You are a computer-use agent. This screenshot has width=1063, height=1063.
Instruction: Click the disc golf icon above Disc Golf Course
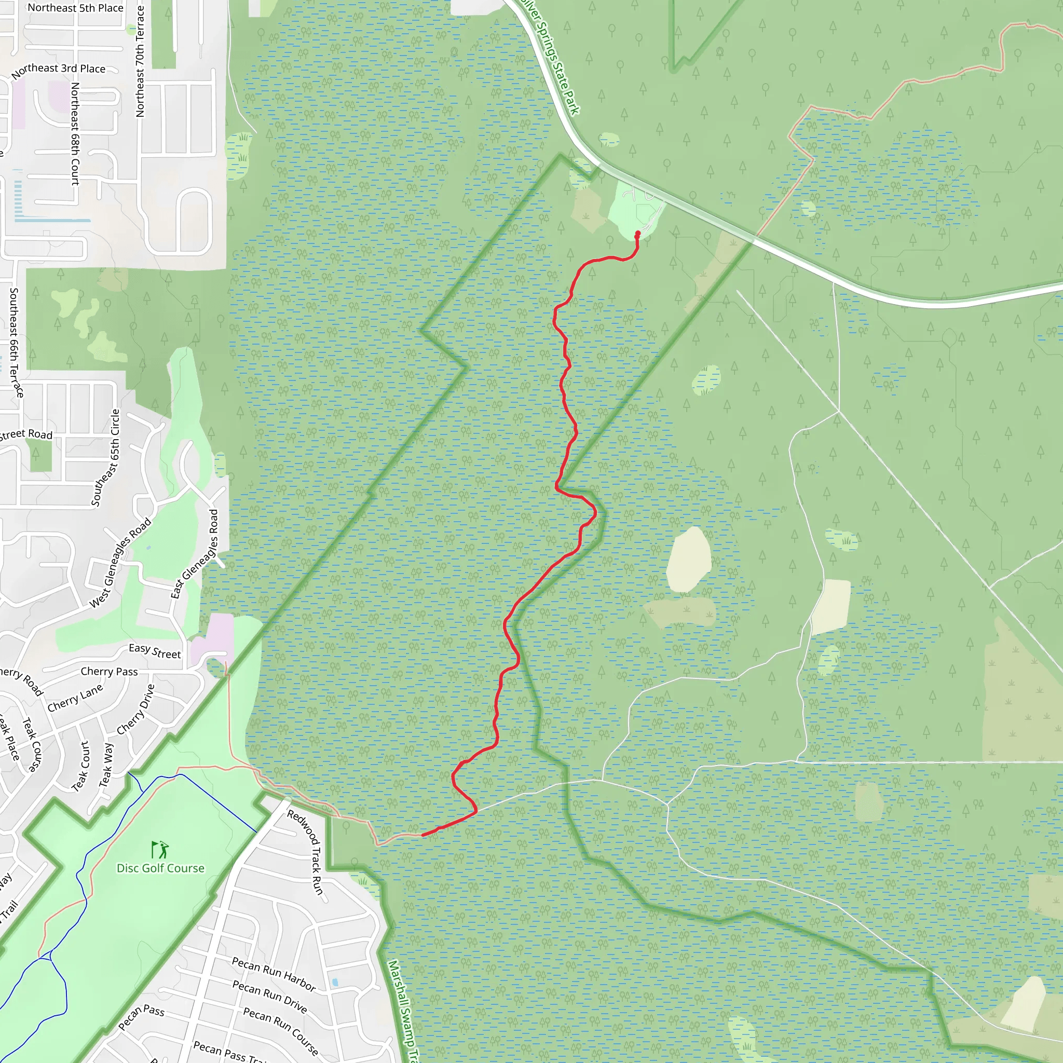[160, 850]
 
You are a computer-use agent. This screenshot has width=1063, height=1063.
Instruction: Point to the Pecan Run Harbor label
[274, 974]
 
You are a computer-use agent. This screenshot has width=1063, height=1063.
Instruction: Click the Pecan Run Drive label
[269, 997]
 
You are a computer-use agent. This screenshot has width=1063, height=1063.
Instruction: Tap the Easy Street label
[155, 651]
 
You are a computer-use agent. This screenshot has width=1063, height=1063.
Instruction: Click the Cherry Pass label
[109, 671]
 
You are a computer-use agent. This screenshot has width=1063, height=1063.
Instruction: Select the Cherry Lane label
[75, 698]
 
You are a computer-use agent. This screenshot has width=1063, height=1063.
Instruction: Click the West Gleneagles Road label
[120, 562]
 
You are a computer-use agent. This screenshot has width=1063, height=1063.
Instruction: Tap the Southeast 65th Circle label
[106, 457]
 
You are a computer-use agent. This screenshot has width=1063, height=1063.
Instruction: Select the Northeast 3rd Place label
[58, 70]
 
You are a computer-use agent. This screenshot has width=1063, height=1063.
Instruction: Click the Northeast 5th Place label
[75, 8]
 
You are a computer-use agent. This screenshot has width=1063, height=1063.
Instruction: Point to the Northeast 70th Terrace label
[140, 61]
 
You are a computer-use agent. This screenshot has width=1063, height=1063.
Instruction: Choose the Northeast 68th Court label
[75, 134]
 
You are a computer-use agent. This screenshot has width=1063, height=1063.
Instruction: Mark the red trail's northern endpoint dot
[638, 234]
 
